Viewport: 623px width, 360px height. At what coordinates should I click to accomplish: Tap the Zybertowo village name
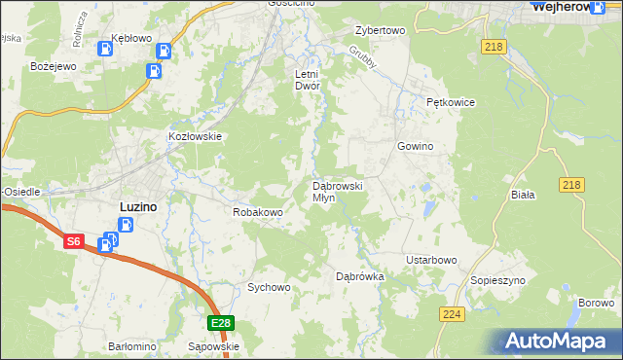coord(380,30)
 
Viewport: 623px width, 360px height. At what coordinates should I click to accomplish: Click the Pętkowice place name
coord(449,101)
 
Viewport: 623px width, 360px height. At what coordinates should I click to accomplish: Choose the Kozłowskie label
coord(196,137)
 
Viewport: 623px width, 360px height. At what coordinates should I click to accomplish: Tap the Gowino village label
coord(415,146)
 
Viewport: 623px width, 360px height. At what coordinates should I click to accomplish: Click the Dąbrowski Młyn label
coord(337,191)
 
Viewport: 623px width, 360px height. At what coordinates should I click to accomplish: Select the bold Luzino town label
coord(137,206)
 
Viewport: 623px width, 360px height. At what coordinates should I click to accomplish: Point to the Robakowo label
coord(257,211)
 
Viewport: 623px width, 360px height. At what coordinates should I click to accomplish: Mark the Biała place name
coord(524,195)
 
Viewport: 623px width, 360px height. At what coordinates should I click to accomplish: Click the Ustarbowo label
coord(431,260)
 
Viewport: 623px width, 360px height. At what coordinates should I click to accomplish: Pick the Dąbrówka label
coord(360,276)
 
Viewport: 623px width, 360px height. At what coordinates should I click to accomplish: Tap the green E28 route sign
coord(221,323)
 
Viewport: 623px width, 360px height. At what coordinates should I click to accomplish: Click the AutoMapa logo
coord(559,342)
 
